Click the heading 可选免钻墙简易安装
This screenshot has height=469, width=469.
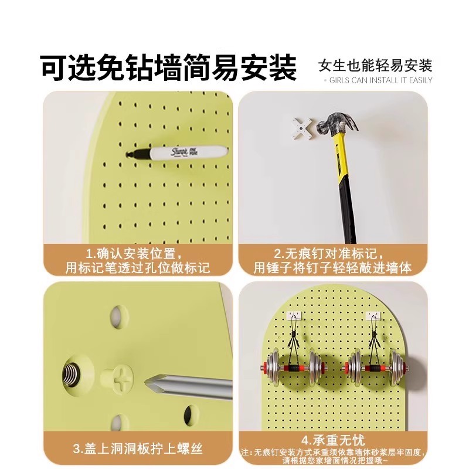pos(168,67)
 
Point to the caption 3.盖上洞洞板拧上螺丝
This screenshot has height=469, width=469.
pos(138,449)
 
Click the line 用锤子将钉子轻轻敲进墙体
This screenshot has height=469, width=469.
pos(332,269)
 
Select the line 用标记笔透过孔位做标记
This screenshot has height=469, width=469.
pos(138,269)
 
